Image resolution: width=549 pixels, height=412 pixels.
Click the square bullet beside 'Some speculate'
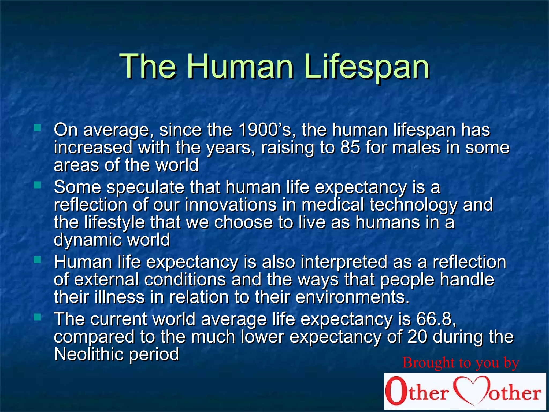(37, 185)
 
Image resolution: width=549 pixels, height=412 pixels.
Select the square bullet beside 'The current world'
(37, 317)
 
